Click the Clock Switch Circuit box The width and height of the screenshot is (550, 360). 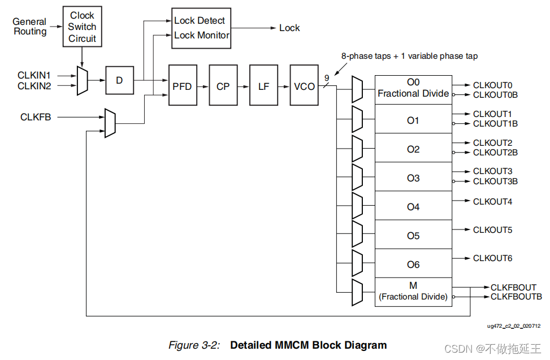tap(83, 27)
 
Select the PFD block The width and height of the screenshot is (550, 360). tap(183, 86)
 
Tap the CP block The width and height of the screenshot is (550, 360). tap(223, 86)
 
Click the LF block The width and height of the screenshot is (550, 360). tap(264, 86)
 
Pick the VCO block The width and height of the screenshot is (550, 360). tap(305, 86)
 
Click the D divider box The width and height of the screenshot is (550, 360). tap(119, 80)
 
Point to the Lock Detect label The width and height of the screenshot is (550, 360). tap(200, 20)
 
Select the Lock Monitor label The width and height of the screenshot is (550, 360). tap(202, 35)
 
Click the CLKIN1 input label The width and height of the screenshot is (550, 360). tap(34, 75)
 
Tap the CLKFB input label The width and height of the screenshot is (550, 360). tap(36, 118)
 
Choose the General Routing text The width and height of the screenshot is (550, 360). tap(29, 27)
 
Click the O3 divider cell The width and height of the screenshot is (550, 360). tap(413, 178)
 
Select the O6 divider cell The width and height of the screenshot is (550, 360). tap(413, 264)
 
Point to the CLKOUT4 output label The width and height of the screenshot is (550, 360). tap(492, 201)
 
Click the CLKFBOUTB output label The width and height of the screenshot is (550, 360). tap(516, 297)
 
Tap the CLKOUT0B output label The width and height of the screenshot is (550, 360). tap(495, 95)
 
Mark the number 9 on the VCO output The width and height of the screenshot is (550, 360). tap(327, 78)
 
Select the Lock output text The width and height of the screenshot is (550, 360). tap(289, 28)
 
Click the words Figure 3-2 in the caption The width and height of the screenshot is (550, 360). tap(194, 345)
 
